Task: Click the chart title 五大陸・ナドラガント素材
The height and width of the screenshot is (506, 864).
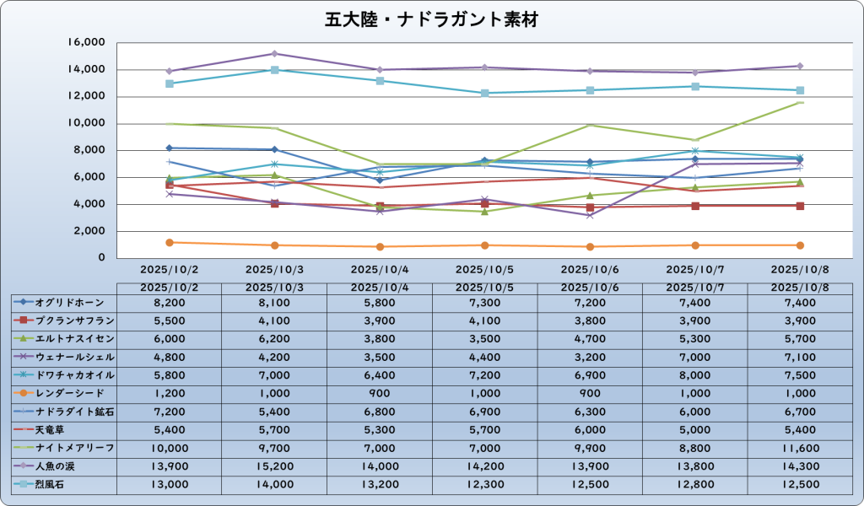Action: click(431, 19)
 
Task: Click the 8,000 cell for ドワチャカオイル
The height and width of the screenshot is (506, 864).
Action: click(695, 376)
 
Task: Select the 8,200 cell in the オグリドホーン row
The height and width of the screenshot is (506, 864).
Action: click(170, 300)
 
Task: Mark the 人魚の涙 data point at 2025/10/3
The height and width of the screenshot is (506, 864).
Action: click(274, 53)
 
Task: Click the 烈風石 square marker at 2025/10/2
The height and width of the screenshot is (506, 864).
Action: click(170, 83)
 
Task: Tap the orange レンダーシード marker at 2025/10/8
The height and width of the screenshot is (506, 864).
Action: click(800, 245)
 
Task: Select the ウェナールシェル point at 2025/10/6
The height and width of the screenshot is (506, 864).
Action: click(590, 215)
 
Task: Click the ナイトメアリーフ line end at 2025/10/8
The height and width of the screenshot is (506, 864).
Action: click(800, 103)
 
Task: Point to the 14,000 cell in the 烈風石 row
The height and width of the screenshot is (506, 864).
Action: click(274, 483)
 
